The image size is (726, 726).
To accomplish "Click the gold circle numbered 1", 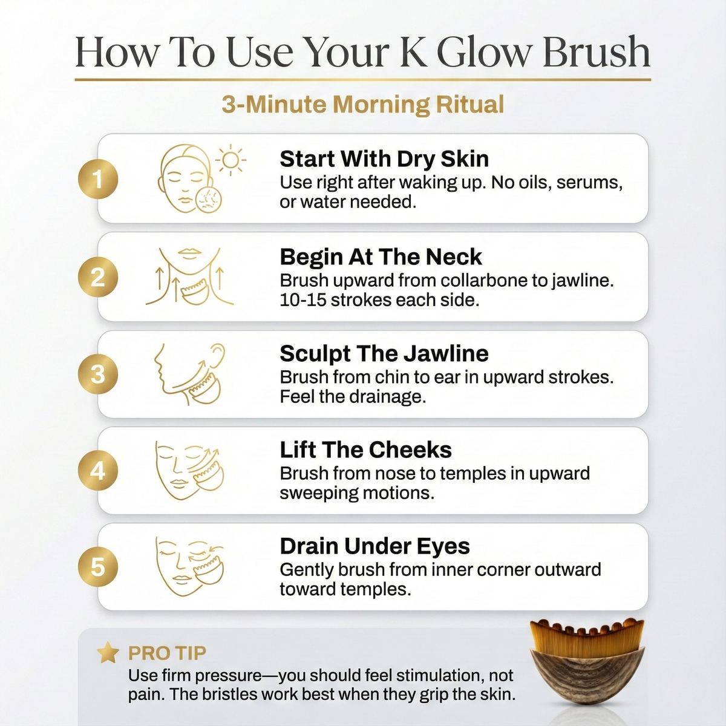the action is tap(98, 179).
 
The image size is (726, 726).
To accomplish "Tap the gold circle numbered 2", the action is tap(98, 277).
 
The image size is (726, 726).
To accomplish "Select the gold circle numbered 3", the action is tap(98, 374).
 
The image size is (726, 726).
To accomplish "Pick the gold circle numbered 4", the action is tap(98, 471).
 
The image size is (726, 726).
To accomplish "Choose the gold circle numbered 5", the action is tap(98, 567).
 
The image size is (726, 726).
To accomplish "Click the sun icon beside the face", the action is tap(231, 160).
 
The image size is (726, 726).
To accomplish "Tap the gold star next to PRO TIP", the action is tap(108, 653).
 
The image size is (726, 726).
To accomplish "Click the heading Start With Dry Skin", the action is tap(384, 159).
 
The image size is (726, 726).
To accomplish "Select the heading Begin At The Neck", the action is tap(381, 257).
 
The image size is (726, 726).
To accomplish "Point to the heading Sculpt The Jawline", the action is tap(384, 354).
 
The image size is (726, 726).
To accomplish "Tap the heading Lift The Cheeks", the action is tap(366, 450).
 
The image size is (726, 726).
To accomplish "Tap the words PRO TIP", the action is tap(167, 653).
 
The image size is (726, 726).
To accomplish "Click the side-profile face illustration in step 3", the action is tap(189, 374).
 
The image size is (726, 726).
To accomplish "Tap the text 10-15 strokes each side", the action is tap(379, 300).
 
